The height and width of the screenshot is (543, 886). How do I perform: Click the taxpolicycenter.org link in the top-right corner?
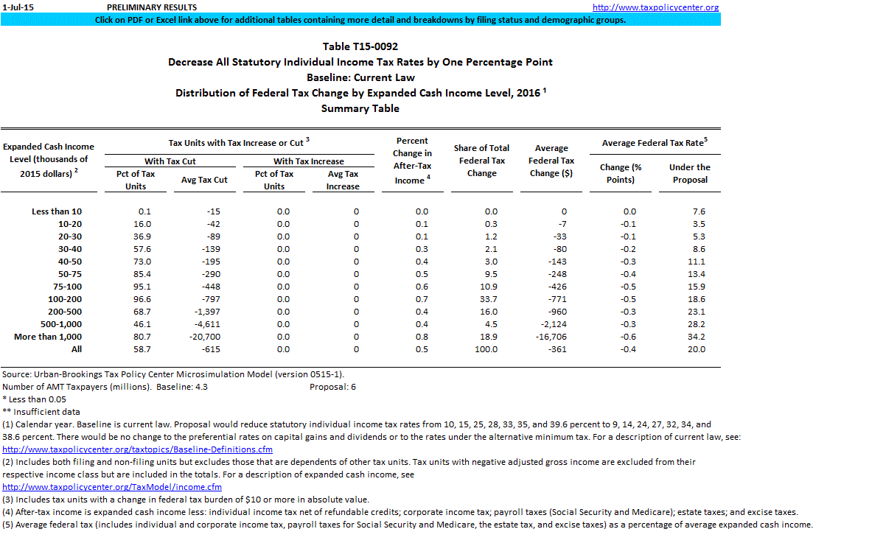pyautogui.click(x=655, y=7)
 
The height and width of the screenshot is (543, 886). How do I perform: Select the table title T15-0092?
pyautogui.click(x=360, y=46)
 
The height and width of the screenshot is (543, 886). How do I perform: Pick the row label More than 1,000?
pyautogui.click(x=48, y=337)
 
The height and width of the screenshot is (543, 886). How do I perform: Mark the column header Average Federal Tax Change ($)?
pyautogui.click(x=551, y=161)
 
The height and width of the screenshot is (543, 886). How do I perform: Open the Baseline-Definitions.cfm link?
pyautogui.click(x=138, y=449)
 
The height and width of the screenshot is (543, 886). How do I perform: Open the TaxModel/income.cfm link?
pyautogui.click(x=112, y=487)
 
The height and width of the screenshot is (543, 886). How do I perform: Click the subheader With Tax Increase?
pyautogui.click(x=308, y=161)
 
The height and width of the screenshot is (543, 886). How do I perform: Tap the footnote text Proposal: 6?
pyautogui.click(x=332, y=386)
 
